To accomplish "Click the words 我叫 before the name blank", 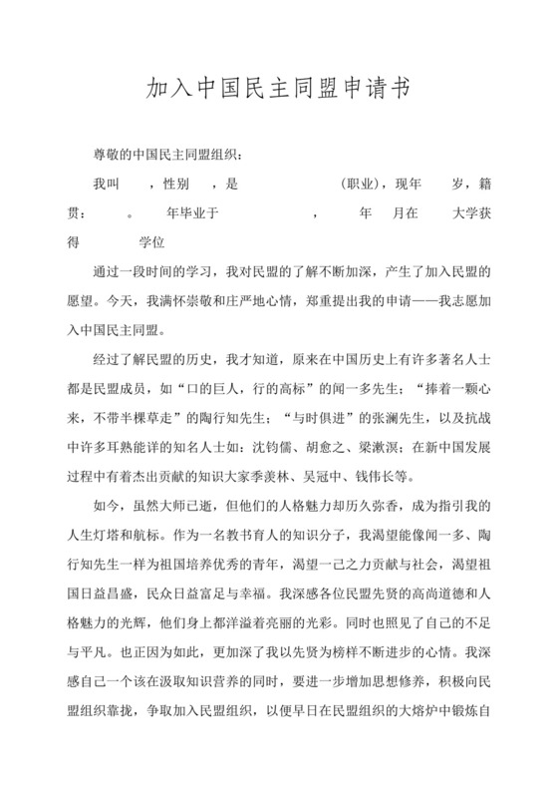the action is (x=106, y=184).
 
